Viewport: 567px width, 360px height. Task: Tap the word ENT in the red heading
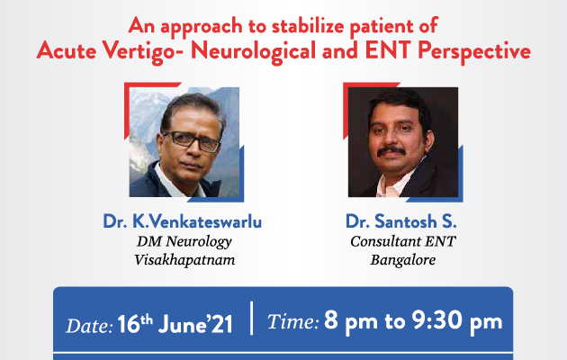tap(389, 50)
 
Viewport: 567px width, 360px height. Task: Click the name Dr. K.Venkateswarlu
tap(182, 221)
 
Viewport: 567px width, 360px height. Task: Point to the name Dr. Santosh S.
tap(401, 221)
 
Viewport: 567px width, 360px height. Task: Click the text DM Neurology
tap(184, 242)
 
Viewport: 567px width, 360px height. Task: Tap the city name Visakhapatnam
tap(184, 260)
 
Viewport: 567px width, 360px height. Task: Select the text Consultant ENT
tap(403, 241)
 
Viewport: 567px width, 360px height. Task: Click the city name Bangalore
tap(403, 260)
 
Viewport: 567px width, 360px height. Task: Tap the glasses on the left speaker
tap(192, 140)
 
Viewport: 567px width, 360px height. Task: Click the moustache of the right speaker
tap(391, 151)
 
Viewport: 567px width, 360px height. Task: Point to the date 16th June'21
tap(175, 323)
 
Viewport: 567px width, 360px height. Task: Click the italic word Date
tap(89, 326)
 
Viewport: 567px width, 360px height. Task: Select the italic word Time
tap(292, 321)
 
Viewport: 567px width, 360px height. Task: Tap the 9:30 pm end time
tap(457, 321)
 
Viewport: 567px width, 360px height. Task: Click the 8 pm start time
tap(351, 321)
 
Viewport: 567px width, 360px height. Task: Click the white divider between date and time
tap(251, 318)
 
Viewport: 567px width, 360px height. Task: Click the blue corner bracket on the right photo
tap(448, 188)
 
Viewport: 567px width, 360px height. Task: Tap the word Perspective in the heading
tap(474, 51)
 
